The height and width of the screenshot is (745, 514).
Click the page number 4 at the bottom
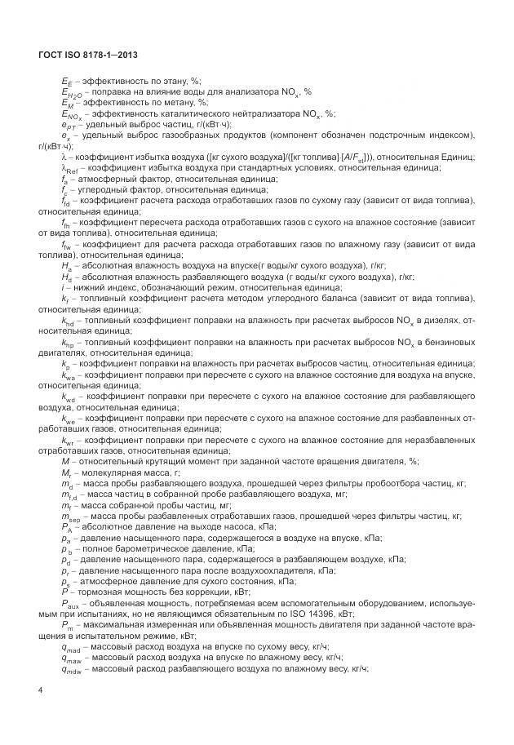coord(40,690)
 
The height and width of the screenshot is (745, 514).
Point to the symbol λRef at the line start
coord(69,167)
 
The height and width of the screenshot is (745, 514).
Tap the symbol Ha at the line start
coord(67,266)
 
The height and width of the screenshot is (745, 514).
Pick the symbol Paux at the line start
coord(69,602)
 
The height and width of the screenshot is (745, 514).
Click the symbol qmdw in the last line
coord(72,667)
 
